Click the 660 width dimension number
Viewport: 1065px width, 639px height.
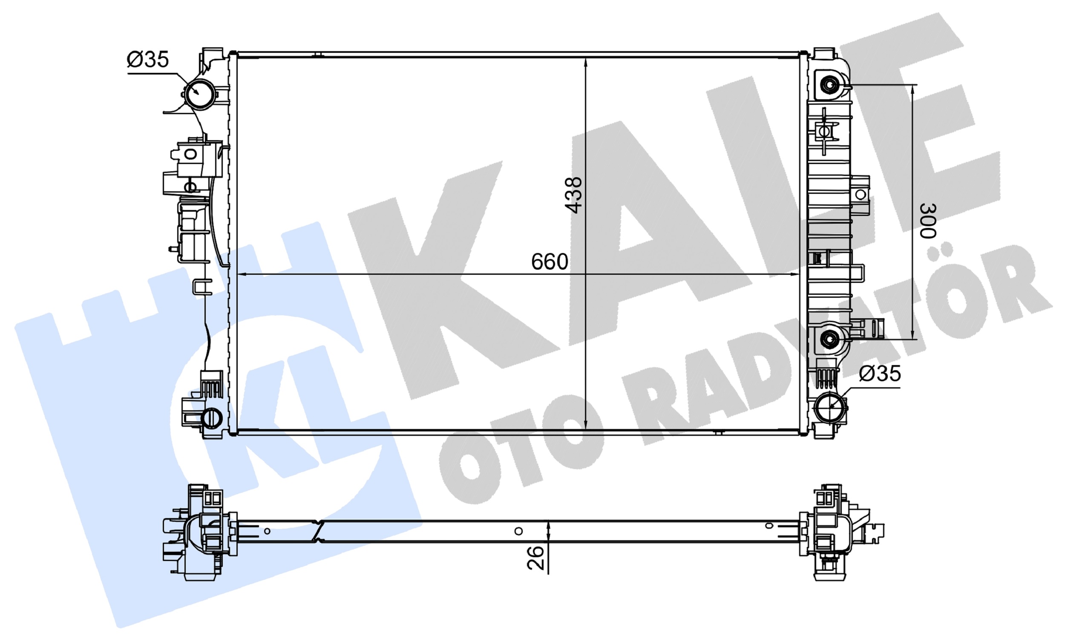click(549, 262)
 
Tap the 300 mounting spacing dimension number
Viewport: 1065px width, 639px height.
click(928, 221)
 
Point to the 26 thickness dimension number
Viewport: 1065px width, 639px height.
click(535, 558)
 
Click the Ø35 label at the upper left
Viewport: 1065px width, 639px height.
click(148, 59)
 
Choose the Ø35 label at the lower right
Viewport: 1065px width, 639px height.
click(880, 373)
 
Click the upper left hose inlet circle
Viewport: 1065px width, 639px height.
click(200, 94)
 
